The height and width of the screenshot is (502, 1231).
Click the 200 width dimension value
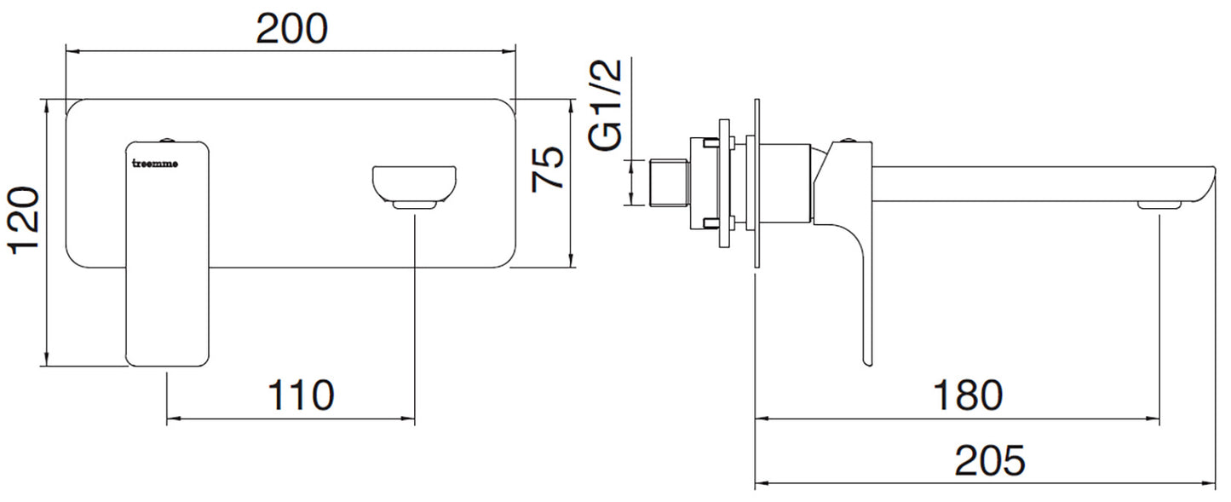pos(292,29)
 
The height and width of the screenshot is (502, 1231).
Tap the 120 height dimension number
pos(24,221)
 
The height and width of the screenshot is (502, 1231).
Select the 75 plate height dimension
pos(548,168)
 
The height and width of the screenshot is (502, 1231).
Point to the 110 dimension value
pos(301,395)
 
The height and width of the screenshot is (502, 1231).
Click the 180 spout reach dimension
pos(968,395)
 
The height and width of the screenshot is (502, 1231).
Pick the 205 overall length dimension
pos(990,461)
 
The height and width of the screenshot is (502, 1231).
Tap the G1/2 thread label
pos(606,105)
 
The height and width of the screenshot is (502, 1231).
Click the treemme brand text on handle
pos(156,164)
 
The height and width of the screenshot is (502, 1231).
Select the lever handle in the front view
pos(168,253)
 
